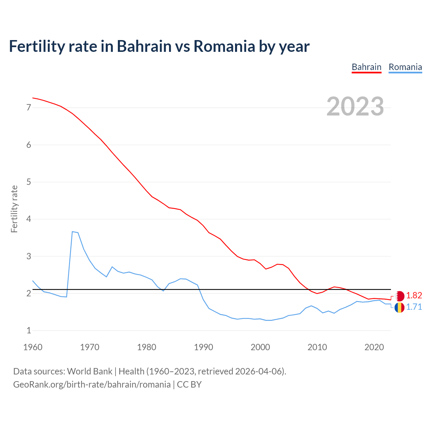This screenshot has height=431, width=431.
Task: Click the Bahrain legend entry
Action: [366, 67]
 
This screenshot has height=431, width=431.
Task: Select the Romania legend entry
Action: [405, 67]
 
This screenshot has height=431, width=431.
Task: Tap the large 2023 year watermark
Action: [355, 106]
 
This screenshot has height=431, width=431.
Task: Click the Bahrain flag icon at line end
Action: [399, 296]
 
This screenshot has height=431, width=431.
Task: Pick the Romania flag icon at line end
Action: [399, 307]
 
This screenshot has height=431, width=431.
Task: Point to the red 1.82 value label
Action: [414, 296]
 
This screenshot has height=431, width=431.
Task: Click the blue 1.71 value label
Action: [414, 307]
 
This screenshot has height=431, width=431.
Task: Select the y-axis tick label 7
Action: [29, 108]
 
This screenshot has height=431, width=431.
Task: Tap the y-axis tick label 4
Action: [29, 219]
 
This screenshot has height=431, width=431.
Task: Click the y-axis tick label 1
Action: [29, 331]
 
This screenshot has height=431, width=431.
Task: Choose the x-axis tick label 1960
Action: [33, 347]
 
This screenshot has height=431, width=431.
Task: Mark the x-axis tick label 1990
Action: [203, 347]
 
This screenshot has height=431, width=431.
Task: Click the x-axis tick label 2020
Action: [374, 347]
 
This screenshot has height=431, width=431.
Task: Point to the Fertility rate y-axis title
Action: [14, 209]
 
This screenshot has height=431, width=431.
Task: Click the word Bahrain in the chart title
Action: [144, 46]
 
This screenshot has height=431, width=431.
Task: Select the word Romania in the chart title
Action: [224, 46]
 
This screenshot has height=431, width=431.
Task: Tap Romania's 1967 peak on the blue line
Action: [72, 232]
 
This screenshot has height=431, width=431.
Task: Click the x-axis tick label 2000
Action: [260, 347]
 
